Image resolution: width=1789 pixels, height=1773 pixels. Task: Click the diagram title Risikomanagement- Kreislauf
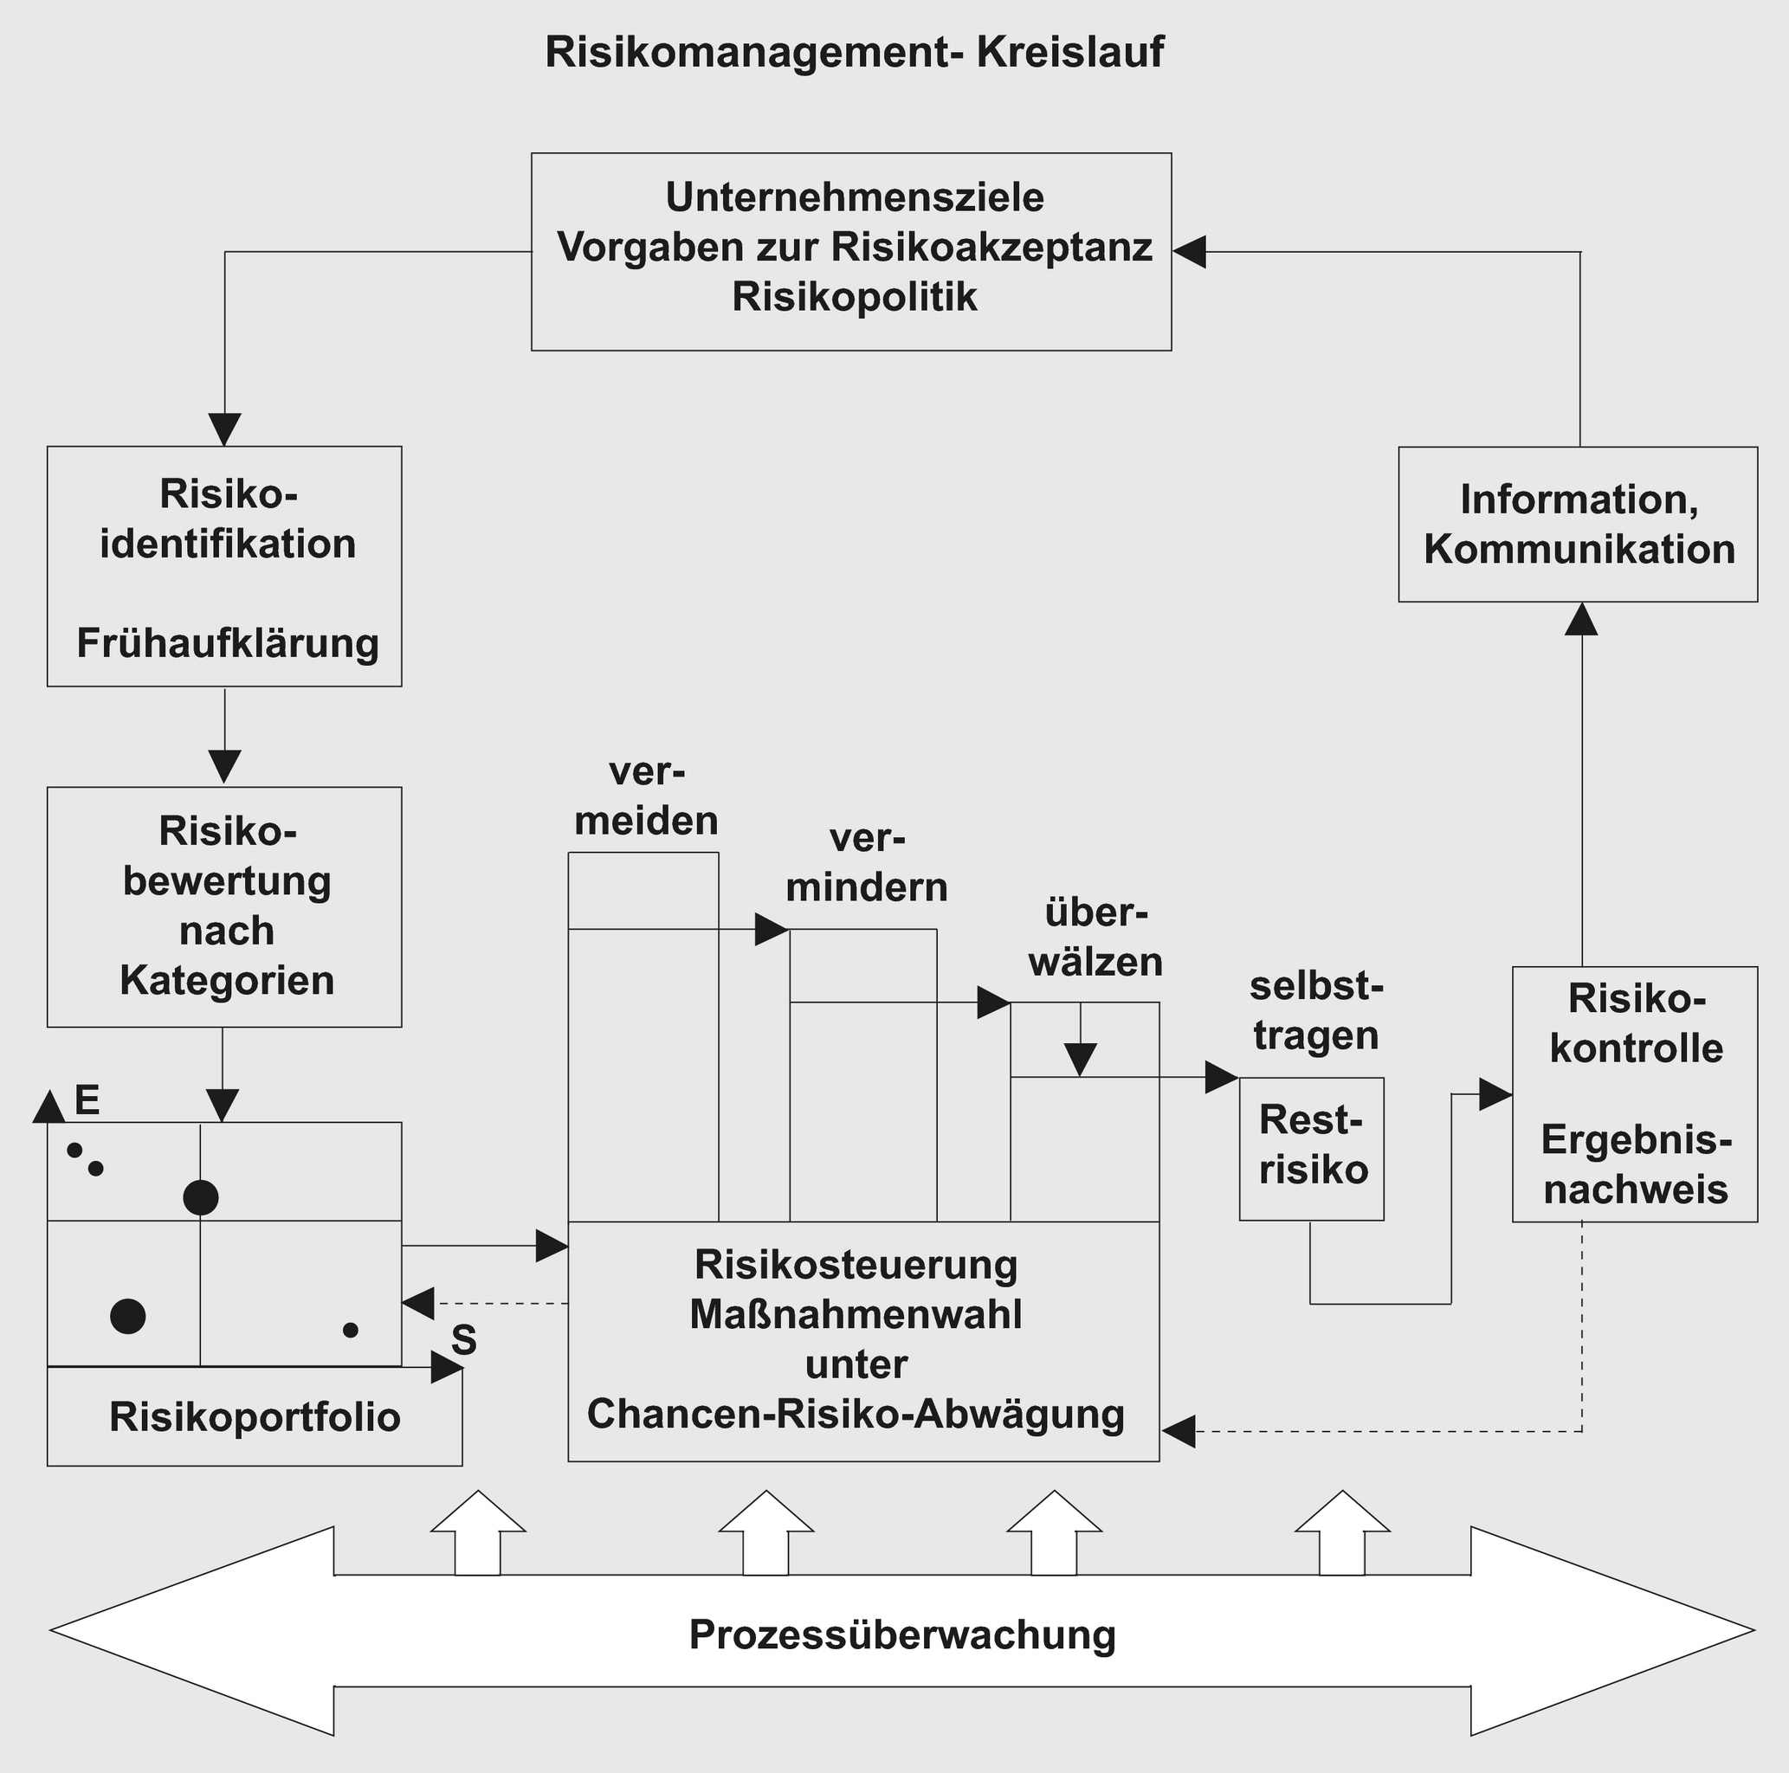(853, 53)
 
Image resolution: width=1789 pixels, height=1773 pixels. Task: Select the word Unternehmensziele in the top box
(854, 197)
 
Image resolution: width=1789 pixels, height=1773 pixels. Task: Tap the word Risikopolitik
(854, 297)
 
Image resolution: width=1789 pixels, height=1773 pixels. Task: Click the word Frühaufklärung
(228, 642)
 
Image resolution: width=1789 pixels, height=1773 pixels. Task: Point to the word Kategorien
(227, 979)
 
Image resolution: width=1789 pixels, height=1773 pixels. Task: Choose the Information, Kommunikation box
(1578, 524)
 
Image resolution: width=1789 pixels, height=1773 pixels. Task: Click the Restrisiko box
(1312, 1148)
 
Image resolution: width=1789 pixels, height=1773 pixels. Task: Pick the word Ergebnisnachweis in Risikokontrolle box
(1635, 1164)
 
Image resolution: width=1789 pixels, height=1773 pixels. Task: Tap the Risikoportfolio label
(255, 1416)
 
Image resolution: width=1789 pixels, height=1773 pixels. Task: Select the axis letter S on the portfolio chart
(464, 1339)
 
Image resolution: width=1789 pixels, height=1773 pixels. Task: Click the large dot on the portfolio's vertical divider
(201, 1197)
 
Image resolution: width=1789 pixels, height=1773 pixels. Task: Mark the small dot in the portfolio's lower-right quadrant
(350, 1330)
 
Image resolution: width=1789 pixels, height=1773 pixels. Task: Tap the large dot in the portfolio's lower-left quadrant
(128, 1316)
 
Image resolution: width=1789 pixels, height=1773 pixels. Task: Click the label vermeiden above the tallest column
(646, 796)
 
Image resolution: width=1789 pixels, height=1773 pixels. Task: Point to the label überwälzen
(1095, 938)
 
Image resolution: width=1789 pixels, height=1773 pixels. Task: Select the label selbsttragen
(1316, 1010)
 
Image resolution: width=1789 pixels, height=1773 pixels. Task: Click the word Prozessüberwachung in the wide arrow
(902, 1634)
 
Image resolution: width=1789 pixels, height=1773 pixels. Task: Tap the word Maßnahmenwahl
(856, 1314)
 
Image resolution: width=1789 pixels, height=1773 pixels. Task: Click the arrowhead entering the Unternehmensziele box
(1189, 251)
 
